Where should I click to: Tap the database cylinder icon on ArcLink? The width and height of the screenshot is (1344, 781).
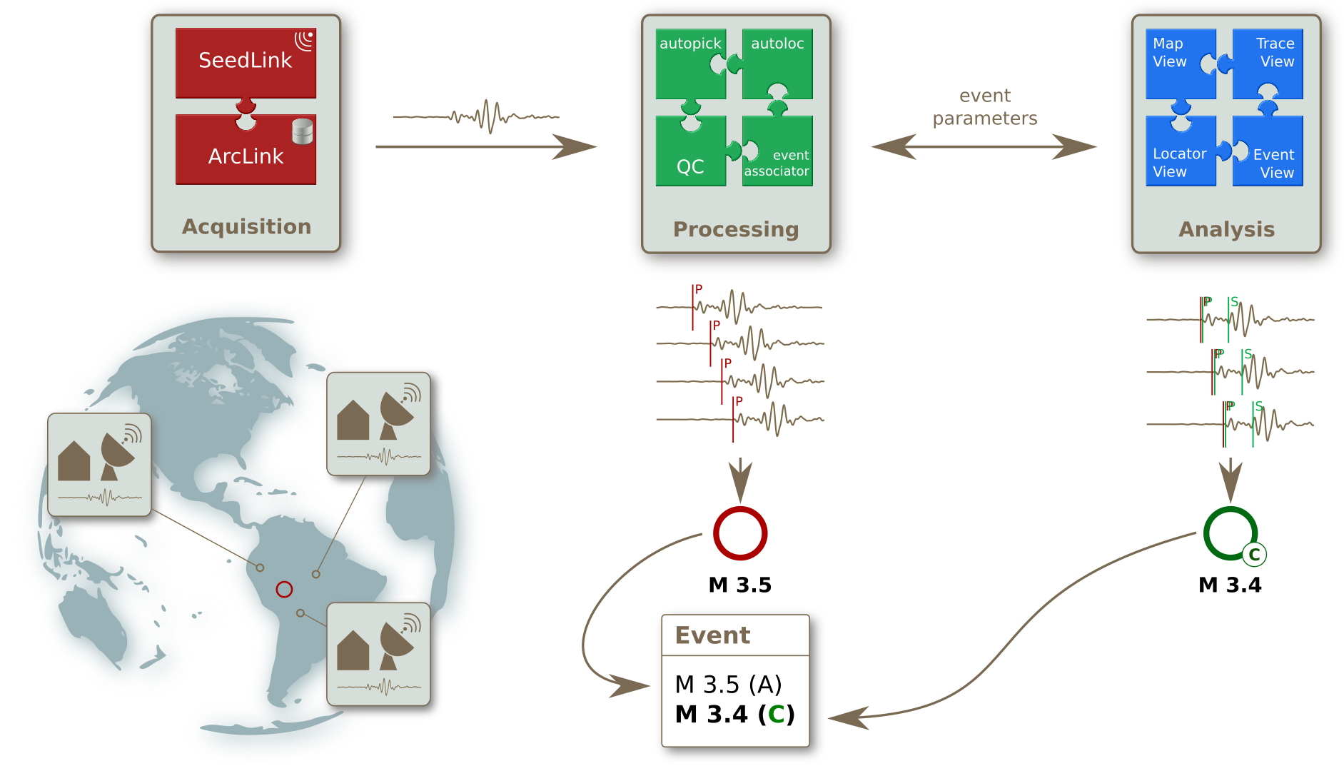(x=303, y=132)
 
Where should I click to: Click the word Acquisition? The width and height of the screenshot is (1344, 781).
(x=247, y=226)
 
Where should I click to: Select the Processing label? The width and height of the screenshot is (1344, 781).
(x=736, y=229)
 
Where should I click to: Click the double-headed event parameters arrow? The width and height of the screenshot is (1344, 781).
(x=984, y=147)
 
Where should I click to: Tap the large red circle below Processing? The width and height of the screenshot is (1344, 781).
(x=740, y=533)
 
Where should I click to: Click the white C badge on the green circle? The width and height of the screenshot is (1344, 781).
(x=1254, y=555)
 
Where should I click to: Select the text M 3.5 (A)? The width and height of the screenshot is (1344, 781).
(x=728, y=685)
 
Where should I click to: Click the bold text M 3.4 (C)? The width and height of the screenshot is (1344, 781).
(x=734, y=714)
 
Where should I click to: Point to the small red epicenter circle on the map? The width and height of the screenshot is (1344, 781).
(x=284, y=589)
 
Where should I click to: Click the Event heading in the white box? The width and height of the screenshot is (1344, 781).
(x=712, y=635)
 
